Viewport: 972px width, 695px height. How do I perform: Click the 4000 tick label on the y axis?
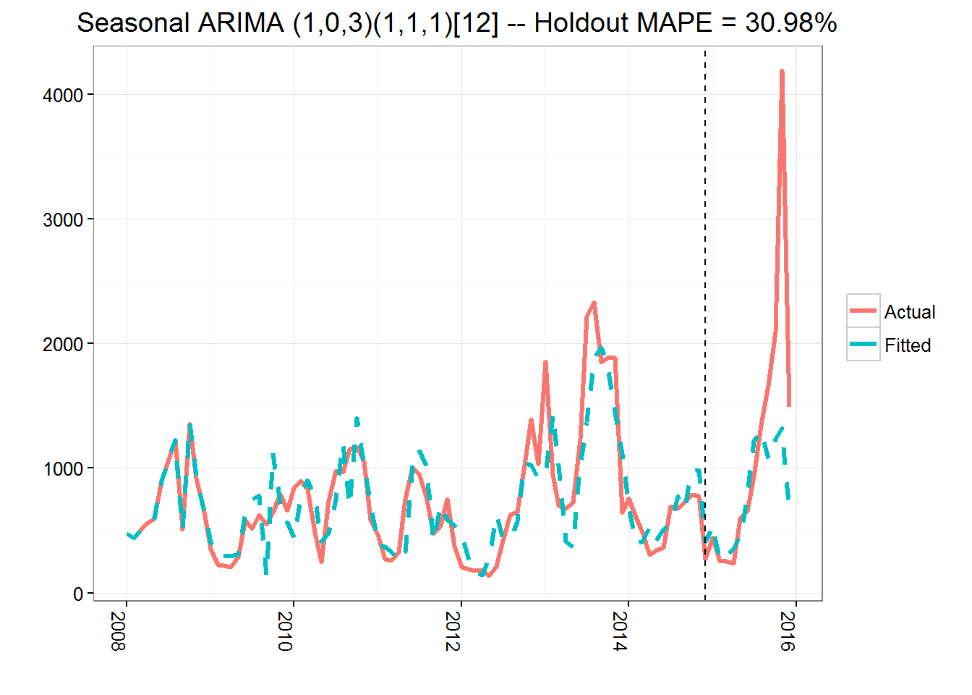click(63, 96)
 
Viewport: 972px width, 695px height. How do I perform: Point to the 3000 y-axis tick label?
click(63, 220)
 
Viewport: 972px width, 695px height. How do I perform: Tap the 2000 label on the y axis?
click(63, 345)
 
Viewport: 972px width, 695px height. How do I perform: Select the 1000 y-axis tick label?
click(63, 469)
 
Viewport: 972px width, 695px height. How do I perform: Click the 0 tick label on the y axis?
click(78, 594)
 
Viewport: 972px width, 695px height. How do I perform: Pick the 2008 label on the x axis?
click(118, 631)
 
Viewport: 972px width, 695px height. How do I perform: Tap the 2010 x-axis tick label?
click(285, 631)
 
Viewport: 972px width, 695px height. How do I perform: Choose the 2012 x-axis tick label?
click(453, 631)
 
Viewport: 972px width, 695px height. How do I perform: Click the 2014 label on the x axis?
click(620, 631)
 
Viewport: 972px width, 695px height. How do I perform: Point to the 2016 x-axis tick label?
click(788, 631)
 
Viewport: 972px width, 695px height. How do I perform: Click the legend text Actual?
click(909, 312)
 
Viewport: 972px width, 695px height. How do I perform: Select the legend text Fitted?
click(907, 345)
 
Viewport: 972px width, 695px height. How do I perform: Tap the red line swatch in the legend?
click(863, 311)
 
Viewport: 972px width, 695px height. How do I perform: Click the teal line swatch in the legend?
click(863, 344)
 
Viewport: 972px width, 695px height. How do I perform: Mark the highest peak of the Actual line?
click(782, 72)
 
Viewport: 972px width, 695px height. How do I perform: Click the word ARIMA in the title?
click(242, 23)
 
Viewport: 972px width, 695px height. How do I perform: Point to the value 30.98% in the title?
click(790, 23)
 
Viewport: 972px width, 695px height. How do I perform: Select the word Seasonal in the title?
click(134, 23)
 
